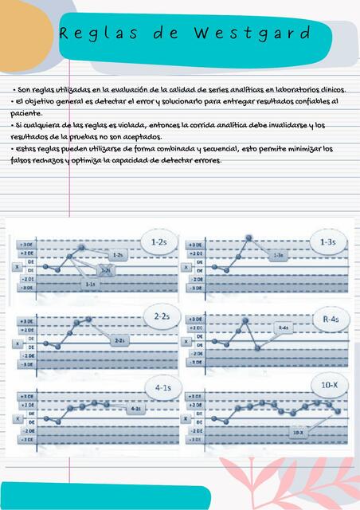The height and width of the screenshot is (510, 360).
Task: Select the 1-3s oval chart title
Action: [x=327, y=240]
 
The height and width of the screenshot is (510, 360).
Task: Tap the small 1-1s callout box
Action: [x=90, y=284]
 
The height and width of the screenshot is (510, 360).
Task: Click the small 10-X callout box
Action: [x=297, y=432]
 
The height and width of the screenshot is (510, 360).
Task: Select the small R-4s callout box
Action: [x=284, y=328]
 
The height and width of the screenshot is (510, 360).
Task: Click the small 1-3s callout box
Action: [x=279, y=255]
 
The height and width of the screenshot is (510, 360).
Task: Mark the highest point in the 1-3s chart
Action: [x=249, y=237]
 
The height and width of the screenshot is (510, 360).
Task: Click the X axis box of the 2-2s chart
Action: [x=18, y=343]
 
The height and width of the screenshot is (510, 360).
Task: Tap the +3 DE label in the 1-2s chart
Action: [x=25, y=244]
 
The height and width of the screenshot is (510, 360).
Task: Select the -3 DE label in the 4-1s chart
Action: [x=25, y=439]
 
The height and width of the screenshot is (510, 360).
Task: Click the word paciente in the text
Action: [x=26, y=114]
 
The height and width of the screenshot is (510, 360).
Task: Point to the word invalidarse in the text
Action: [x=281, y=125]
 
